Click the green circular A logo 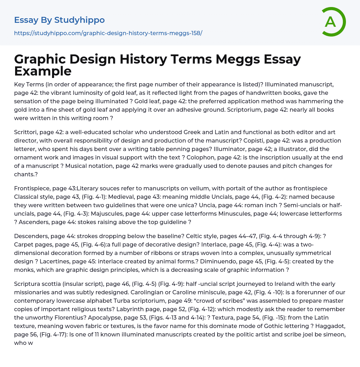333,22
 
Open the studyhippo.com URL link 108,33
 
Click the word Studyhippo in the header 79,20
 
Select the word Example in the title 43,71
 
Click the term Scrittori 27,132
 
